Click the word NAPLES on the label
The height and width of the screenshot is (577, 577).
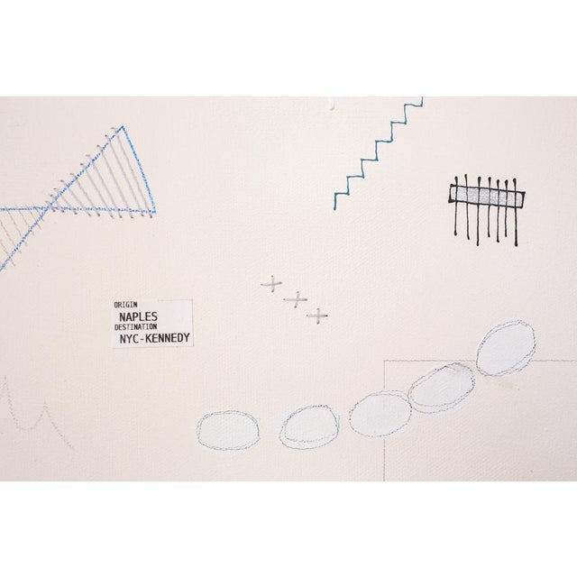click(x=138, y=316)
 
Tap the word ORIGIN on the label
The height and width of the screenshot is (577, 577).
click(x=125, y=305)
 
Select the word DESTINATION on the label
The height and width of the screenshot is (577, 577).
click(x=135, y=326)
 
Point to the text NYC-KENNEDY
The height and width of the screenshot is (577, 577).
click(x=155, y=338)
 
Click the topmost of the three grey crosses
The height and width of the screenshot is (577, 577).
click(x=271, y=284)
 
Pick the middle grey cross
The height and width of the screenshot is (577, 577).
click(x=296, y=299)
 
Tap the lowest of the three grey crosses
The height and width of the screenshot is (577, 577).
click(x=317, y=316)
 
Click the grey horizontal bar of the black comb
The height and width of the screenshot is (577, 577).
click(x=487, y=195)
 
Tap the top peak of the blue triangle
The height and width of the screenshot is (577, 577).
click(x=123, y=127)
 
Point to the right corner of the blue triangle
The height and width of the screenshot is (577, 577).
click(x=154, y=212)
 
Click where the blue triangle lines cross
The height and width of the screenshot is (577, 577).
click(x=47, y=208)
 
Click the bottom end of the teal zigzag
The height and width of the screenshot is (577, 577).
click(x=334, y=209)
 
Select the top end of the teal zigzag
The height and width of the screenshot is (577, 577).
click(x=423, y=98)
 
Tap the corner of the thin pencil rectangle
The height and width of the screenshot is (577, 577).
click(x=384, y=361)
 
